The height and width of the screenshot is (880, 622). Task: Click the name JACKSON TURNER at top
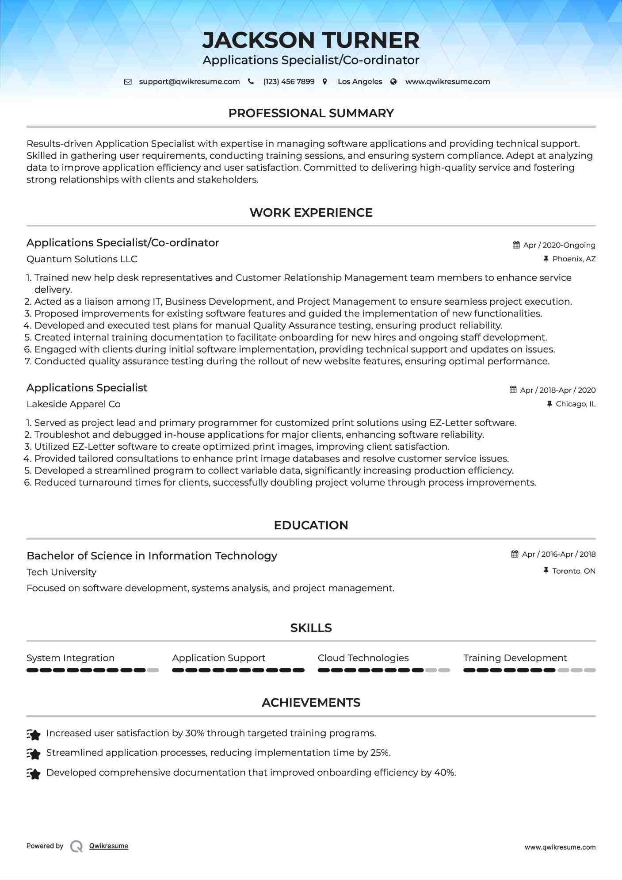(311, 40)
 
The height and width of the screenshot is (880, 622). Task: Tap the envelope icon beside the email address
(128, 82)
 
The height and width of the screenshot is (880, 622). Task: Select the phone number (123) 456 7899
(289, 82)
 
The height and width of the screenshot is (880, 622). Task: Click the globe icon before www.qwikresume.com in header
(393, 82)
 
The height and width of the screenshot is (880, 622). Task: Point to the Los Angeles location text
(360, 82)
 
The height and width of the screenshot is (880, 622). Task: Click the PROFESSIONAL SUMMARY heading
(311, 113)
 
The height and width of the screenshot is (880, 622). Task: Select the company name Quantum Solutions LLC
(82, 259)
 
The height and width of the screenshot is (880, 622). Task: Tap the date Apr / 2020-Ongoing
(559, 245)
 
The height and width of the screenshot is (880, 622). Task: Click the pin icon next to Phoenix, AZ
(546, 259)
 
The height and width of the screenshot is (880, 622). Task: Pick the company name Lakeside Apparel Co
(73, 404)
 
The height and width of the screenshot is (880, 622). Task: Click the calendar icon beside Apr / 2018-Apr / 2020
(513, 390)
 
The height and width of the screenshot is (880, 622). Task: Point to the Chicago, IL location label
(576, 404)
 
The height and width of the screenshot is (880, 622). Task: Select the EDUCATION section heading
(311, 525)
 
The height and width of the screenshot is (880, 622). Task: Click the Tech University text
(61, 572)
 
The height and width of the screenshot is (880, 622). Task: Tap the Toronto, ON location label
(574, 571)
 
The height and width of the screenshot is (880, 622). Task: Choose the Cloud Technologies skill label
(363, 658)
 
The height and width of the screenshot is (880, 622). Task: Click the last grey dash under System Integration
(153, 670)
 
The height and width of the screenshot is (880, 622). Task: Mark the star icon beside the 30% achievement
(34, 734)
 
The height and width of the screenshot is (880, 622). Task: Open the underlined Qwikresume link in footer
(109, 846)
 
